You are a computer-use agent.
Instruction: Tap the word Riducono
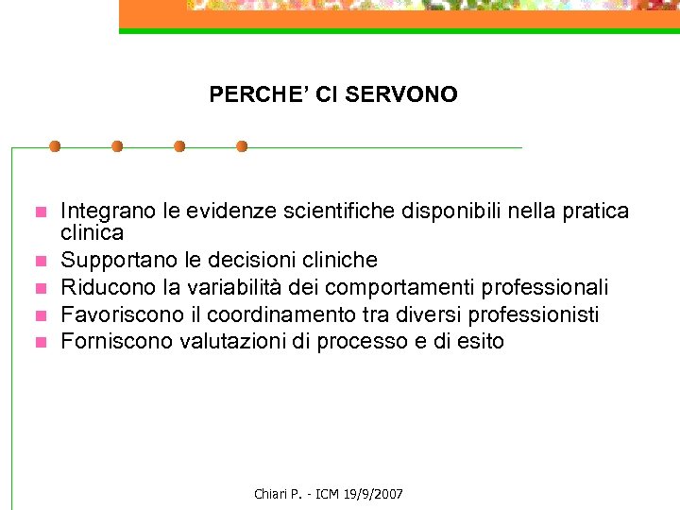tap(102, 286)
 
